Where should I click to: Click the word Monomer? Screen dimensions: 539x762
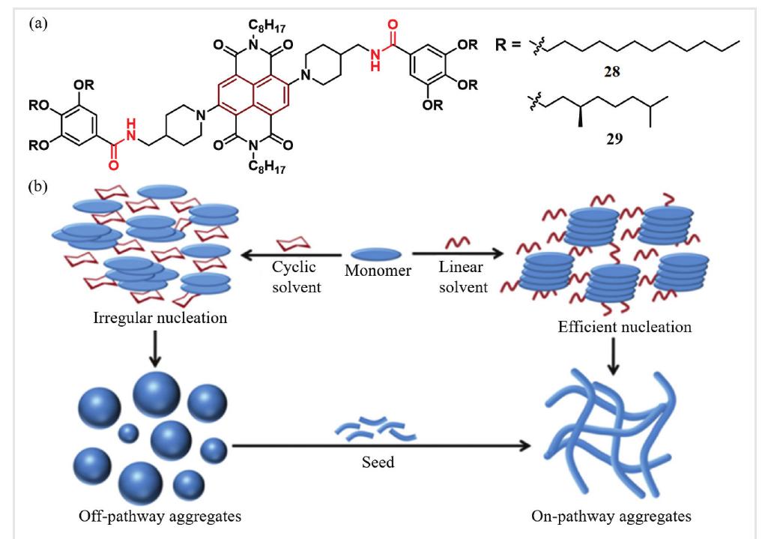378,271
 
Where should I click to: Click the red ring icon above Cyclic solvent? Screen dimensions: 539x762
294,244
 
